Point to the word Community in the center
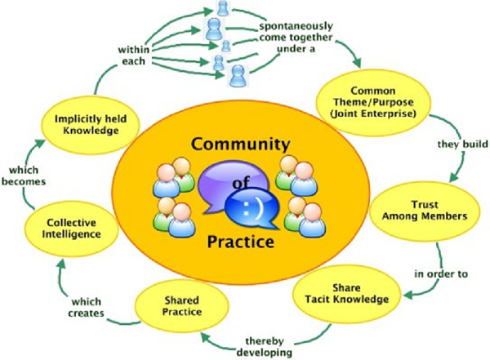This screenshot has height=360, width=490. [230, 145]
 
